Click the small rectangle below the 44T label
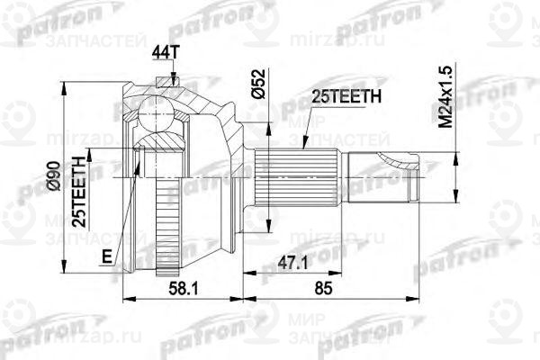pos(164,83)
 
